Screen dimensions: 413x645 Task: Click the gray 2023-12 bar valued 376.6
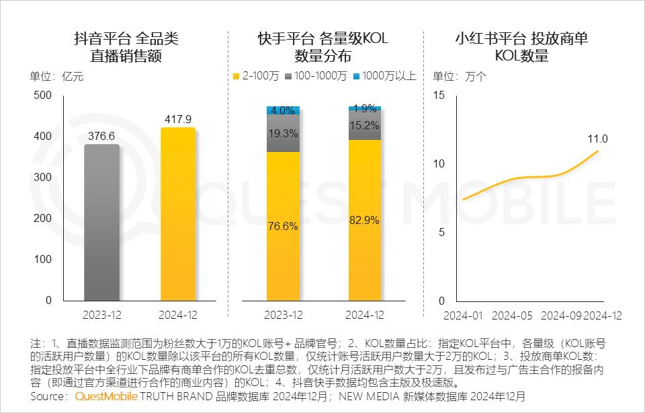[x=101, y=222]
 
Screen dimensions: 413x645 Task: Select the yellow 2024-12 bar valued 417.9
[x=178, y=215]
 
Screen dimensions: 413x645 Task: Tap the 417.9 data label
[x=178, y=120]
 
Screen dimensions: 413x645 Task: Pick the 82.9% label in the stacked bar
[x=364, y=219]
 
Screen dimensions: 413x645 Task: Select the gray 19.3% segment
[x=283, y=134]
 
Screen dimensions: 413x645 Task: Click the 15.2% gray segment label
[x=364, y=124]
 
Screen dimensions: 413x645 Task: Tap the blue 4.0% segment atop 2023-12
[x=283, y=110]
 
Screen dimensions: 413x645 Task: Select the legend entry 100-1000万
[x=315, y=76]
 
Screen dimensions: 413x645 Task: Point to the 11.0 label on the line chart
[x=598, y=139]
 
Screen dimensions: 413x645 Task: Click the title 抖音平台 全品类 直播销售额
[x=126, y=47]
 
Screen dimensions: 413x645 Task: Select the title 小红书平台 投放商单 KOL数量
[x=521, y=47]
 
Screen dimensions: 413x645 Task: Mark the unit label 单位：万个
[x=460, y=76]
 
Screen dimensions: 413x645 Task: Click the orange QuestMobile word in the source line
[x=106, y=397]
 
